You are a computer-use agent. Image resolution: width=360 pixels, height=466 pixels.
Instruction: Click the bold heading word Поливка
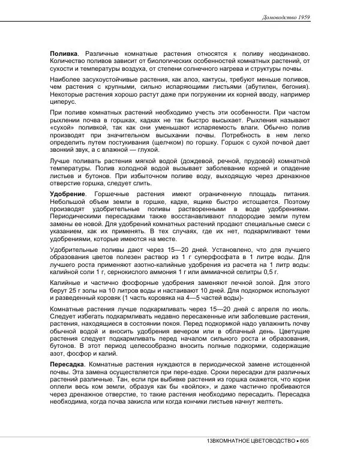coord(64,53)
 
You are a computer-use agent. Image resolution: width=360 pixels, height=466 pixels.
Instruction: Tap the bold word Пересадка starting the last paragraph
coord(68,365)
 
